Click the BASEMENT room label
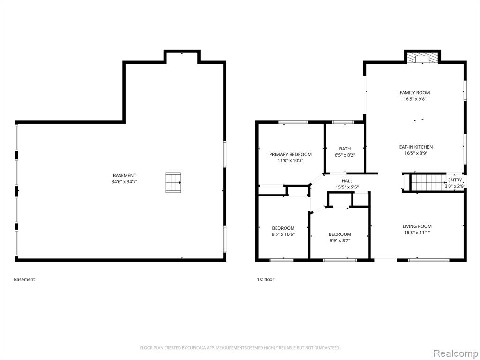[124, 175]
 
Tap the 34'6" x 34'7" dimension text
[124, 182]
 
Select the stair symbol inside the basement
[173, 182]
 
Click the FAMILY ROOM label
[415, 92]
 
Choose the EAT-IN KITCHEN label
[416, 147]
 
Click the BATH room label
[345, 149]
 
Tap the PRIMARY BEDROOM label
[290, 154]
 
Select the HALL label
[347, 181]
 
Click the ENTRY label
[455, 180]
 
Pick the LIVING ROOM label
[417, 226]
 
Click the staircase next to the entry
[427, 182]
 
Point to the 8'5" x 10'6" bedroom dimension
[283, 234]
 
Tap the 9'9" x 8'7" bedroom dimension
[339, 240]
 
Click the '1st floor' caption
[265, 279]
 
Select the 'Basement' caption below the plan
[24, 279]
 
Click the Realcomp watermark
[455, 353]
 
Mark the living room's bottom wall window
[428, 260]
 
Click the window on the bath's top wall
[343, 122]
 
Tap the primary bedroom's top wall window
[293, 122]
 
